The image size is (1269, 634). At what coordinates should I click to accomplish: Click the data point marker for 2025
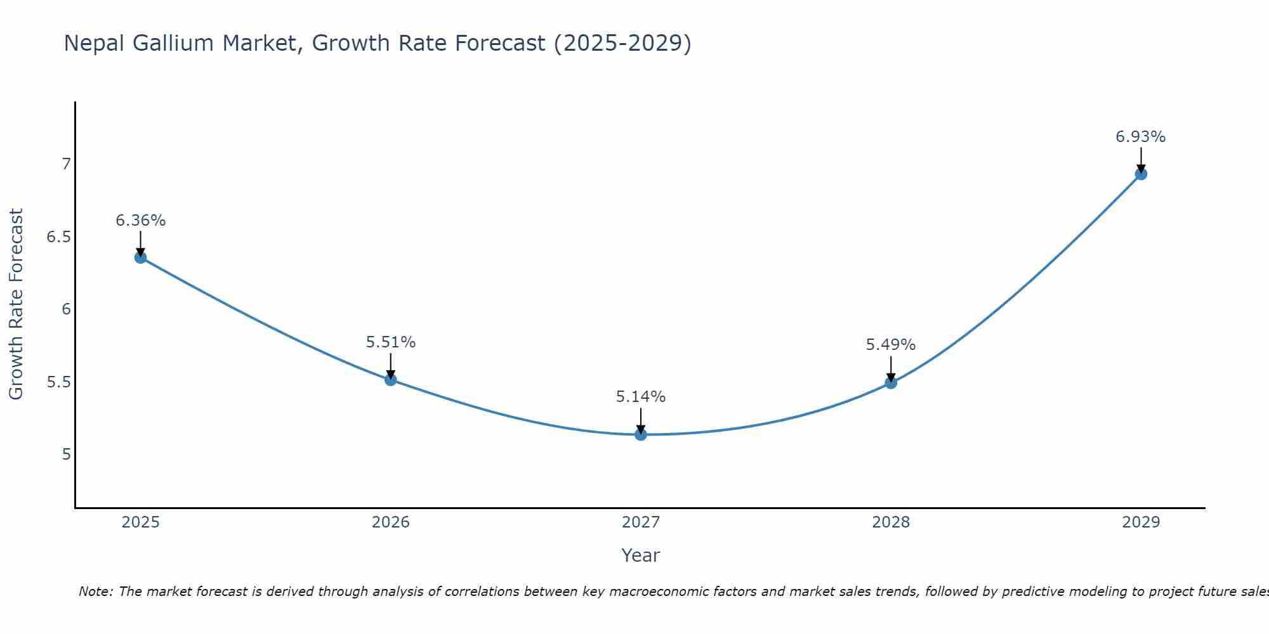[140, 257]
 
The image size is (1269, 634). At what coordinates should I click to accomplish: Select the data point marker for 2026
[391, 380]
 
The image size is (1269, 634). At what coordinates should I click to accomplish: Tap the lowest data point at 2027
[641, 434]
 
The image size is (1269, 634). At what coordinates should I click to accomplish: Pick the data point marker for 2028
[891, 383]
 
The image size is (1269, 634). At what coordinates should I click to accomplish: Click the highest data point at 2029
[1141, 174]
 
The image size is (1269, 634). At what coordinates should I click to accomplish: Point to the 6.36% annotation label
[140, 221]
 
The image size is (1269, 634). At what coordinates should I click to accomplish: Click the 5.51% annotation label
[391, 342]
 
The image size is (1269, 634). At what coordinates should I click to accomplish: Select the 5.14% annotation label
[641, 397]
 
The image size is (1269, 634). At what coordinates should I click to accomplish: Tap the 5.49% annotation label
[891, 345]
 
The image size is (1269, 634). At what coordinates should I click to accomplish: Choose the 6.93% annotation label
[1141, 137]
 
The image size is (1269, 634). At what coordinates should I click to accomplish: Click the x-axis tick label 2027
[641, 522]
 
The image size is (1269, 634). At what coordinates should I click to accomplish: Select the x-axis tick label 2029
[1141, 522]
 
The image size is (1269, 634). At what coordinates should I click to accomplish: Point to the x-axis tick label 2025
[140, 522]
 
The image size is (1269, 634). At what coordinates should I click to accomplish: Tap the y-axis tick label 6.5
[58, 237]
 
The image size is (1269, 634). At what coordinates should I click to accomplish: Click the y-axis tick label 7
[66, 164]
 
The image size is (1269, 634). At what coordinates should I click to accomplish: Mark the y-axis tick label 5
[66, 455]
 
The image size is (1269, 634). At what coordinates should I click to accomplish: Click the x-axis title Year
[641, 555]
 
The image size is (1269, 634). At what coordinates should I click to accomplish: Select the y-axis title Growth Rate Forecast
[16, 304]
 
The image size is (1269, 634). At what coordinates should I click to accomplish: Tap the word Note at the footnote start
[95, 592]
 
